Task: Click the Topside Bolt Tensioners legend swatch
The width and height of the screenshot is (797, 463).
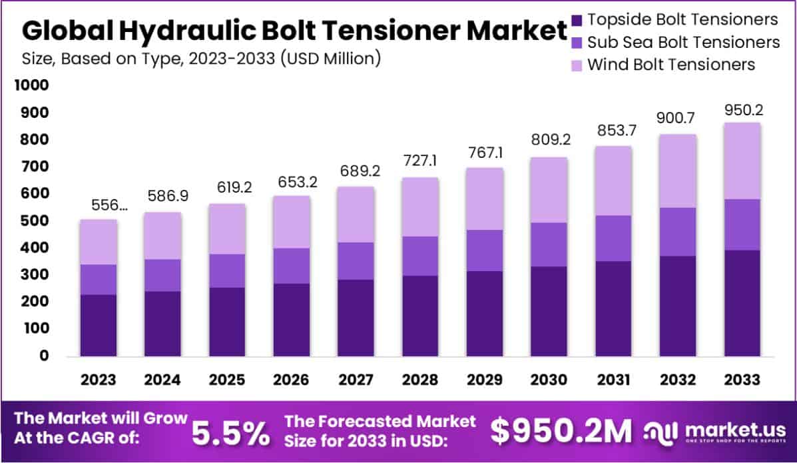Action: click(576, 20)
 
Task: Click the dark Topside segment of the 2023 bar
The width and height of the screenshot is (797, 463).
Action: click(99, 324)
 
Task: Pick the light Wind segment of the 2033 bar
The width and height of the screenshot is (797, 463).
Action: click(742, 161)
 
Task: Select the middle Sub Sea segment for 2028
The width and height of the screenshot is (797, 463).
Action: click(420, 256)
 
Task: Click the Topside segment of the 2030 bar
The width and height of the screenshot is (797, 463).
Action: click(549, 310)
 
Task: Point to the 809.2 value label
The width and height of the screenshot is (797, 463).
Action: click(549, 141)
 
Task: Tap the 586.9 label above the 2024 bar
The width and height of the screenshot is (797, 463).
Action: click(162, 197)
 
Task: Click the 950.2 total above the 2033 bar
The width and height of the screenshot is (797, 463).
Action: click(742, 108)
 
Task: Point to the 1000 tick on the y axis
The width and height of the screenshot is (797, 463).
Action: click(31, 86)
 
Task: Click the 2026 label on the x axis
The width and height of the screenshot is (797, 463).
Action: click(291, 380)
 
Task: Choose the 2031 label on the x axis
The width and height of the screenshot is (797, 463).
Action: click(613, 380)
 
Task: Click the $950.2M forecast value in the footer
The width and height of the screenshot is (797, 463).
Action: click(561, 432)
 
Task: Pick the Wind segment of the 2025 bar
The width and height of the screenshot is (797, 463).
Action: click(227, 229)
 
